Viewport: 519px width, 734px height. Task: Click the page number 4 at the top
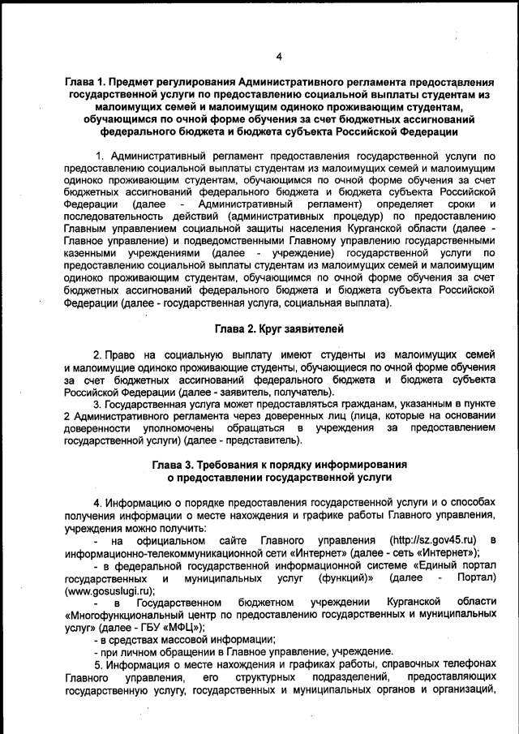278,56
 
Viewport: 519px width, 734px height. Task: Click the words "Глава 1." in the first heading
90,84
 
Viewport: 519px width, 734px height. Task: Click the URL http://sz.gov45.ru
433,540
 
